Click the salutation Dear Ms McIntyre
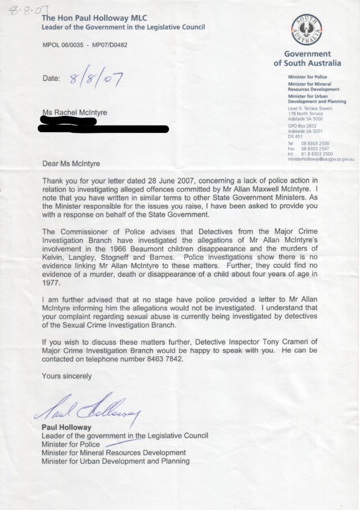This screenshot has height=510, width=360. (74, 163)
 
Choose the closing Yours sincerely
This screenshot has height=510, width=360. (67, 376)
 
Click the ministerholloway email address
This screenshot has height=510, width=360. (321, 158)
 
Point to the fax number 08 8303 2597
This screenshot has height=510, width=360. (314, 148)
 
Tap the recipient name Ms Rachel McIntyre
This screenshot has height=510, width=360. (74, 113)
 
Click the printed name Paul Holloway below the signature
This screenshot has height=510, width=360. (67, 428)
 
